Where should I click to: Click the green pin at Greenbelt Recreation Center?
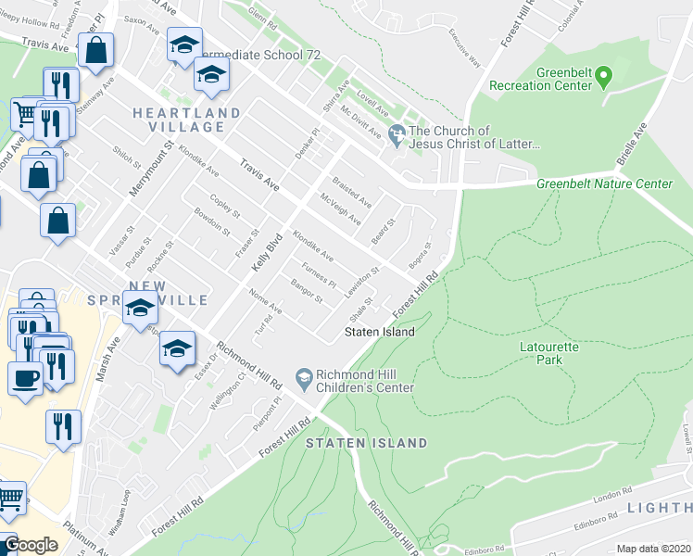pyautogui.click(x=604, y=73)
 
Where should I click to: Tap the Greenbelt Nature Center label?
pyautogui.click(x=604, y=184)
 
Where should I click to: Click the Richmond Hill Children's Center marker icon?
pyautogui.click(x=303, y=377)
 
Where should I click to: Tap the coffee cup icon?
pyautogui.click(x=24, y=376)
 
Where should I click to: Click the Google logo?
pyautogui.click(x=31, y=545)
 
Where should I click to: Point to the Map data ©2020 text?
pyautogui.click(x=653, y=549)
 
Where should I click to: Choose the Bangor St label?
pyautogui.click(x=306, y=292)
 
